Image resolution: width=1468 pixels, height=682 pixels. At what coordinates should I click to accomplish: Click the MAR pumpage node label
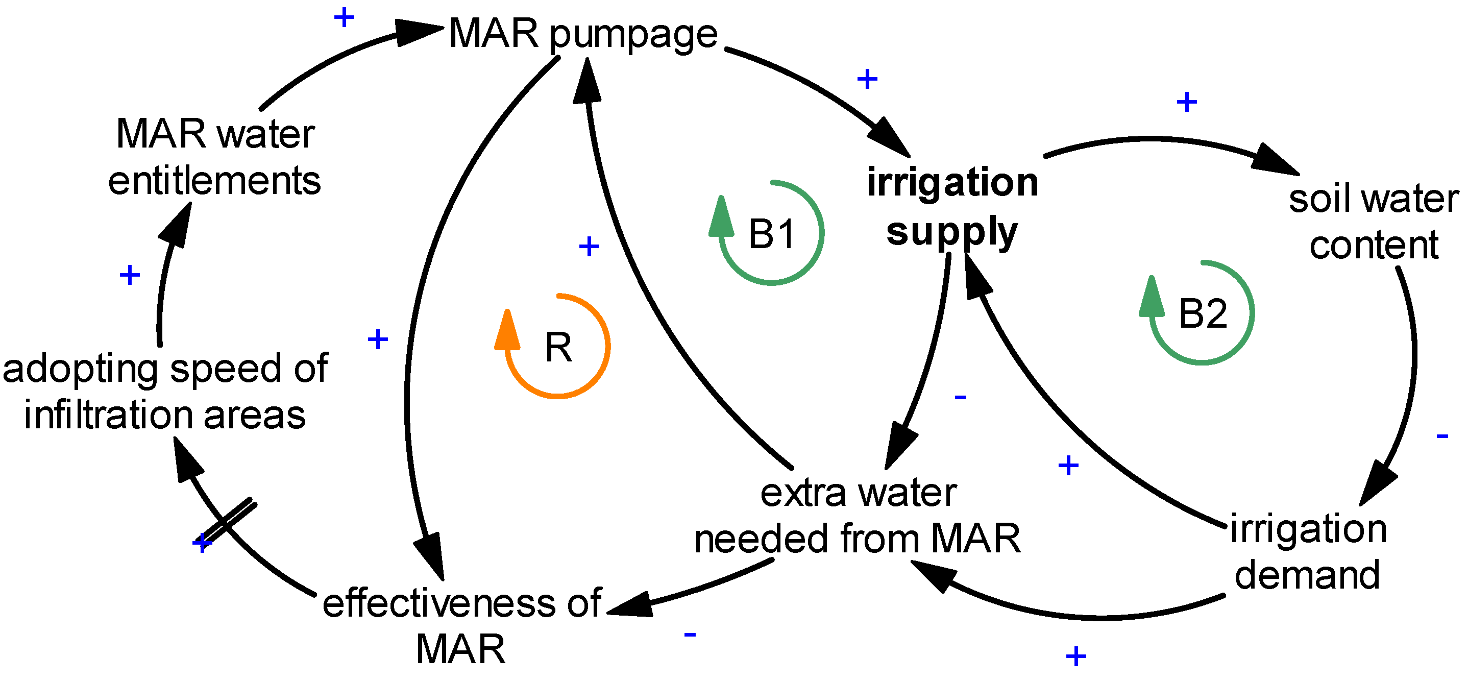[582, 34]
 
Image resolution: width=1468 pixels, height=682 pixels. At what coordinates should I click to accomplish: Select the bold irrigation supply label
[951, 206]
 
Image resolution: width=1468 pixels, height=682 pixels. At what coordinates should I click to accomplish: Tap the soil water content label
[1374, 222]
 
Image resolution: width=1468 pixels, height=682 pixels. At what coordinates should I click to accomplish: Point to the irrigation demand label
[1307, 551]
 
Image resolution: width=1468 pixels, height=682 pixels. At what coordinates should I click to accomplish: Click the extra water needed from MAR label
[858, 516]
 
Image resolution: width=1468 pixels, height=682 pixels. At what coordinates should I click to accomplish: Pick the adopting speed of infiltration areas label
[165, 391]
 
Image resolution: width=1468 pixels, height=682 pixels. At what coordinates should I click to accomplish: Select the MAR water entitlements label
[215, 157]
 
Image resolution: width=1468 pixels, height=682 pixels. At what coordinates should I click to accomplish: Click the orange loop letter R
[558, 347]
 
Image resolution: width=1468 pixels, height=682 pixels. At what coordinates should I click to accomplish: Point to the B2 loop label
[1203, 313]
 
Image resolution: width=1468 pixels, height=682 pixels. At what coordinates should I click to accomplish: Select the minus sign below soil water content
[1442, 436]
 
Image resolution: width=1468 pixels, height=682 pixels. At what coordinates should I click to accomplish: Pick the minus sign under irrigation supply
[961, 397]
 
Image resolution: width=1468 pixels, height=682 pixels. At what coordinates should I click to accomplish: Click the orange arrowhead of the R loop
[507, 330]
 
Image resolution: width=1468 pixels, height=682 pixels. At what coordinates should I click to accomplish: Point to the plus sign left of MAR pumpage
[344, 18]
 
